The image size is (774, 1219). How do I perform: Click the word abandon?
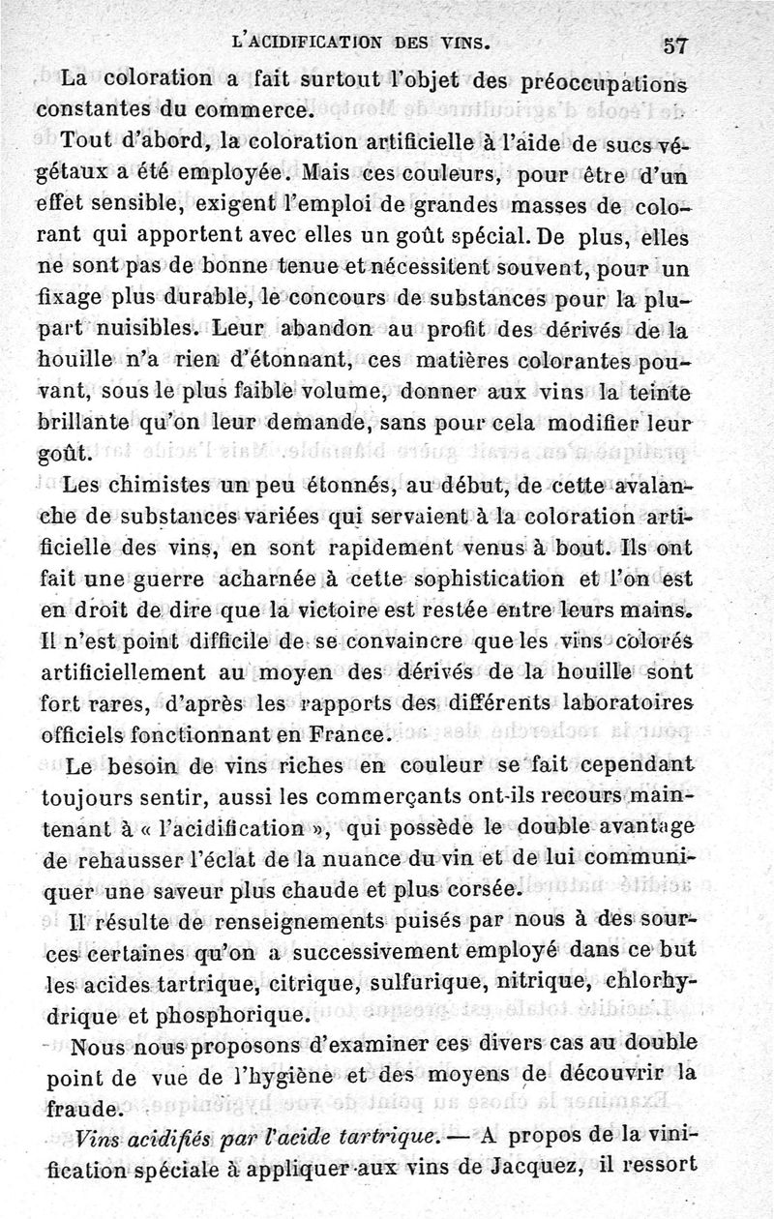(x=299, y=329)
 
